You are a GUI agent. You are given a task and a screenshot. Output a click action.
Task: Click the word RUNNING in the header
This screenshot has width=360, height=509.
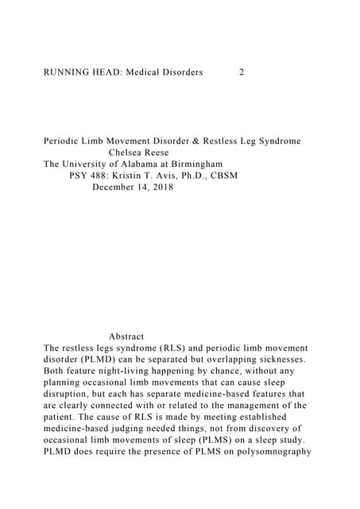pos(65,72)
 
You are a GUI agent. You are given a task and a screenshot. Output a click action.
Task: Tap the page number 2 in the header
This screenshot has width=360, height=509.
pos(242,72)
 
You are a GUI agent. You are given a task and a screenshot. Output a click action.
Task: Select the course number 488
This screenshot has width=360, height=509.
pos(101,176)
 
